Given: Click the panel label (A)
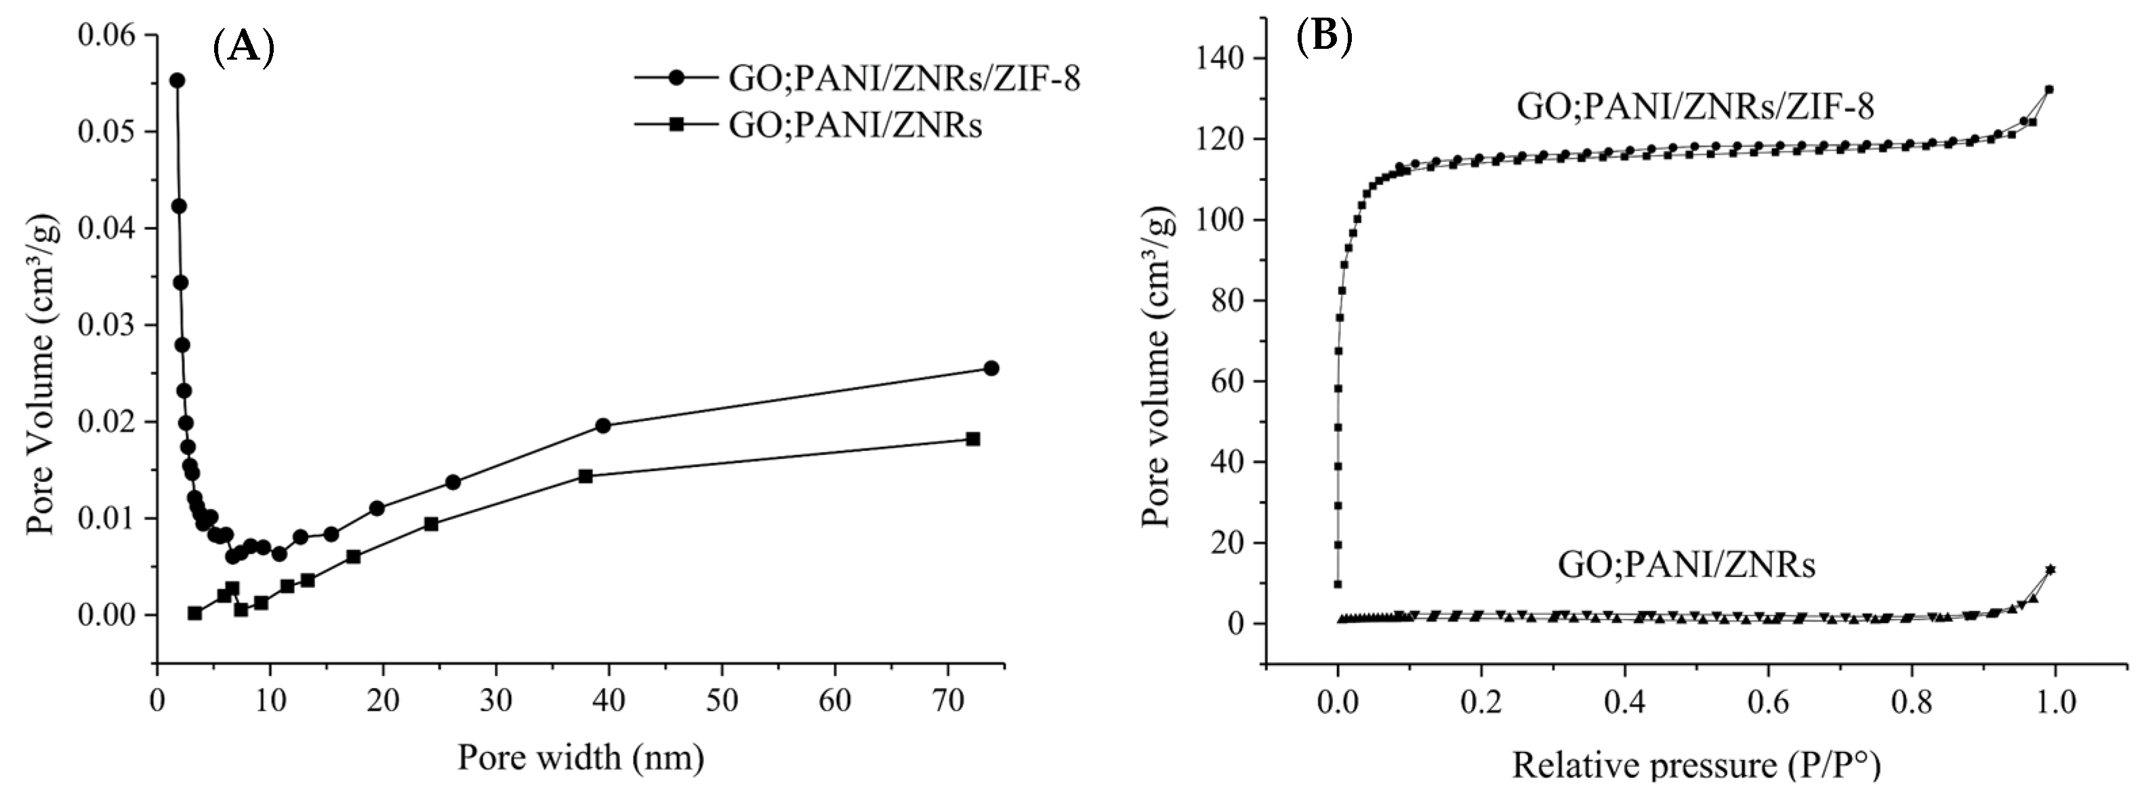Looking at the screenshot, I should (244, 46).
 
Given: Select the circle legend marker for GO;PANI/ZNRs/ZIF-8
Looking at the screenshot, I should (677, 77).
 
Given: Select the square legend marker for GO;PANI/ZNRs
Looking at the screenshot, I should (677, 124).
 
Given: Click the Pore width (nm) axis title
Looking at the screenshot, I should (580, 758).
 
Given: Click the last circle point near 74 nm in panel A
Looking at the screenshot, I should (991, 368).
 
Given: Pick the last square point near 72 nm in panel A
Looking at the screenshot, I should (973, 439).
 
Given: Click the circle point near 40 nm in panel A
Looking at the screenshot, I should (603, 426).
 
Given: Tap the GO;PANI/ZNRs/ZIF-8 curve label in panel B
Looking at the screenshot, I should (1695, 107).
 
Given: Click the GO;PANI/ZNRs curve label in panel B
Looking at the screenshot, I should (1686, 565).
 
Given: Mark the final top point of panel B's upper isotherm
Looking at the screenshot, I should (2049, 89).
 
